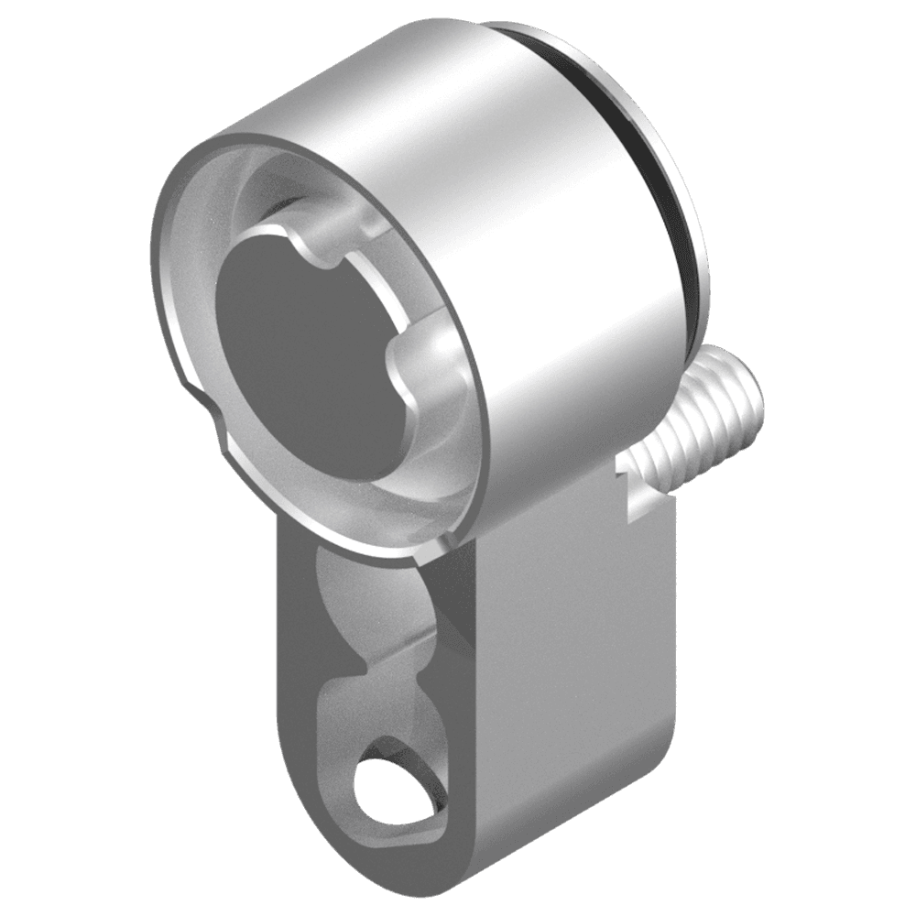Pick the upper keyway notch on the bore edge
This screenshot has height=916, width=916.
(316, 247)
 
